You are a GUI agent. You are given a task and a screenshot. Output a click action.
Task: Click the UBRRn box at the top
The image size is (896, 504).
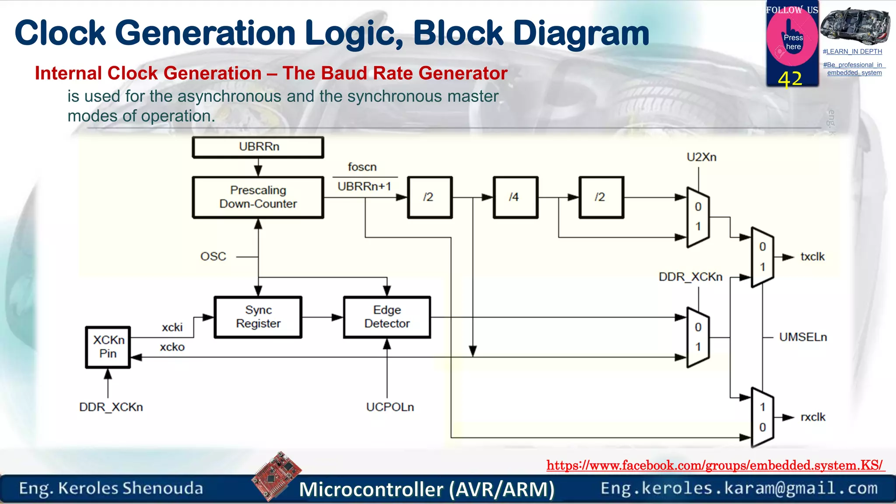point(258,147)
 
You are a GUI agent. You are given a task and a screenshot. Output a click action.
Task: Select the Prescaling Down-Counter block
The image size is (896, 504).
point(258,197)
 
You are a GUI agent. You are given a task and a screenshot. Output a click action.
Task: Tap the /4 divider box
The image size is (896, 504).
point(515,197)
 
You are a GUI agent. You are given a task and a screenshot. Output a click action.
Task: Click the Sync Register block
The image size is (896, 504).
point(258,317)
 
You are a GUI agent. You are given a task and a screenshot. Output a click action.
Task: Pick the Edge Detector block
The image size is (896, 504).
point(387,317)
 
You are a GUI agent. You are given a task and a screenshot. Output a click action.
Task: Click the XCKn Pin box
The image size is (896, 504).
point(108,347)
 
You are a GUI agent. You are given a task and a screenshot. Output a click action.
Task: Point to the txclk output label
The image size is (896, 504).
point(812,257)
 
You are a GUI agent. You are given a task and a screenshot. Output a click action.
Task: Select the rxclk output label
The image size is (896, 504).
point(813,417)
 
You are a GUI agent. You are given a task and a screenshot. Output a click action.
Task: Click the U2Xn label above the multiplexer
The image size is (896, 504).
point(701,157)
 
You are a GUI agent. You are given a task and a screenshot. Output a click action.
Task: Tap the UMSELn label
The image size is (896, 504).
point(803,337)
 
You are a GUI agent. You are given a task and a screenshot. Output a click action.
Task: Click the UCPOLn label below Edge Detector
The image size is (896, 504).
point(390,407)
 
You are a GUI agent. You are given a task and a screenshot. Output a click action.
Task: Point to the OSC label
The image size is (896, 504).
point(213,257)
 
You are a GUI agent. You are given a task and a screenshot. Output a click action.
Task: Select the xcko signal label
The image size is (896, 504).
point(172,347)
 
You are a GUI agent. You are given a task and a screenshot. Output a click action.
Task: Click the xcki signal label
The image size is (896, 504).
point(172,328)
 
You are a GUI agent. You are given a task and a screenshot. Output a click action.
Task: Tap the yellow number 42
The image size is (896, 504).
point(790,80)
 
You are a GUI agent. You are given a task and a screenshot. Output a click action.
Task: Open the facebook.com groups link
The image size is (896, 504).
point(715,465)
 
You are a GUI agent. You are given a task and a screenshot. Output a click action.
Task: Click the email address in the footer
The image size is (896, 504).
point(739,488)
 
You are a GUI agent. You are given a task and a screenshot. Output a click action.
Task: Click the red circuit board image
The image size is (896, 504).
point(276,476)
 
